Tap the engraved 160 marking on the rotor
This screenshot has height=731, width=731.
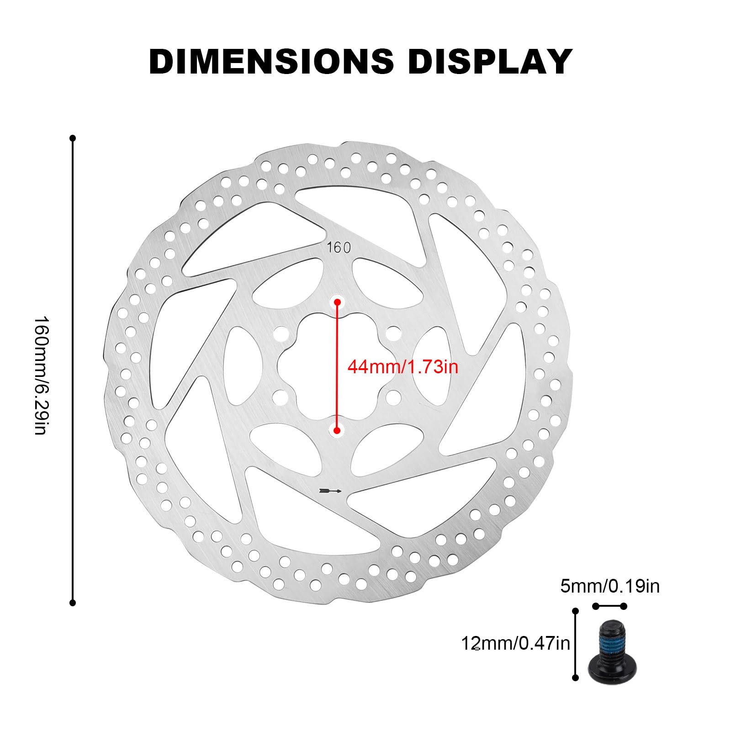pos(339,248)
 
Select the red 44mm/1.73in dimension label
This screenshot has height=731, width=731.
pos(403,366)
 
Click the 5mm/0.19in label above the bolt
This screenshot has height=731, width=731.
pos(610,586)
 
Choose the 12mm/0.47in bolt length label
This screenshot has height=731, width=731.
pos(515,643)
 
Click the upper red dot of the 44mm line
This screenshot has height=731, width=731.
pos(338,302)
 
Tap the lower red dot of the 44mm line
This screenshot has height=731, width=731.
pos(337,430)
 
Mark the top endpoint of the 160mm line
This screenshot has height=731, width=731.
pos(72,138)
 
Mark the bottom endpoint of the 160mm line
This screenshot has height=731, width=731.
pos(72,603)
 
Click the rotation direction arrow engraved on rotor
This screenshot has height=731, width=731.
pos(331,491)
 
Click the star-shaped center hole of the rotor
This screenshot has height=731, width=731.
pos(337,365)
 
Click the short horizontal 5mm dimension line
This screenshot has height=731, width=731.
pos(609,606)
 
